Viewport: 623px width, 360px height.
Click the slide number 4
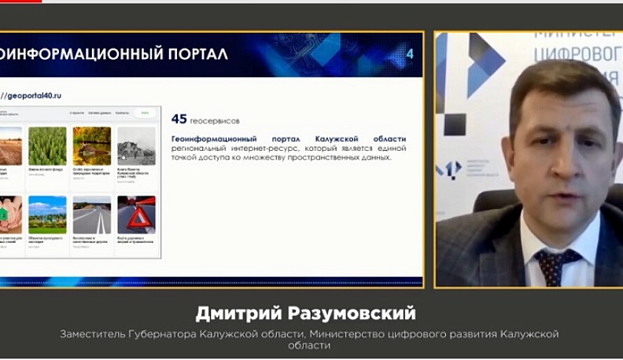[x=409, y=53]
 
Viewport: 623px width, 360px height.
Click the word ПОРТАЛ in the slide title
[x=192, y=54]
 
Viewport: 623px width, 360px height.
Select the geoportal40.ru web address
[x=33, y=95]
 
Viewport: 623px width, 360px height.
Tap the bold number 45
[x=179, y=119]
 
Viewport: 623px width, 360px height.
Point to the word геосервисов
[x=216, y=121]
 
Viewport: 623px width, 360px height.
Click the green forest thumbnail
[x=47, y=146]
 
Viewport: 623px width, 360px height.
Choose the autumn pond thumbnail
[x=92, y=146]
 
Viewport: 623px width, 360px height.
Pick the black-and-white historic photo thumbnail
[x=136, y=146]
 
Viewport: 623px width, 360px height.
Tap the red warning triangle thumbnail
[x=136, y=215]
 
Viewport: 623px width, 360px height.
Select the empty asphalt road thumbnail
[x=92, y=215]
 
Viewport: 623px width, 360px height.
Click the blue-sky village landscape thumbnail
[x=47, y=215]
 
